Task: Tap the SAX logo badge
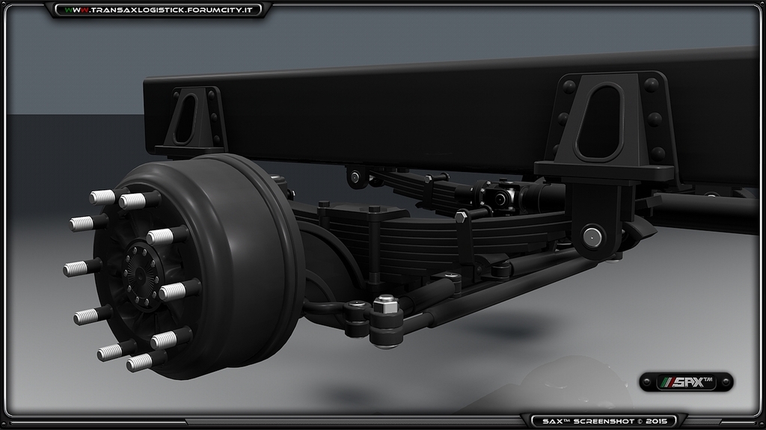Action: [686, 381]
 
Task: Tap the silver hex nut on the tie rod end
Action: [385, 304]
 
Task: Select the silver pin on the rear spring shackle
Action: [592, 237]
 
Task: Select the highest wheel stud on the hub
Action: [102, 197]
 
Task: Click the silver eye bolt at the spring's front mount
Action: [356, 177]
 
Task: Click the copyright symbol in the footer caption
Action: [640, 422]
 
